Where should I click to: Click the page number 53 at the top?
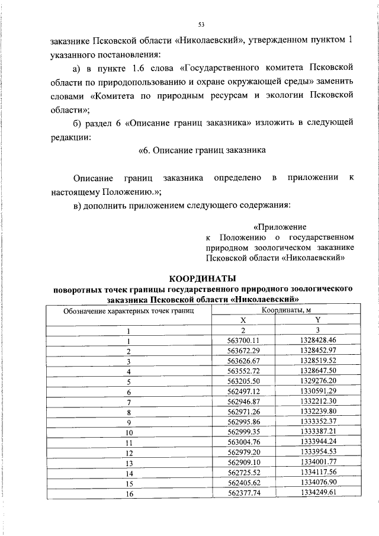tap(201, 24)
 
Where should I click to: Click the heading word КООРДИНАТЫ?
tap(203, 278)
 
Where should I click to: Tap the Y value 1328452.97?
tap(318, 350)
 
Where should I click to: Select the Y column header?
tap(318, 320)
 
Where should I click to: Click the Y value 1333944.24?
tap(318, 442)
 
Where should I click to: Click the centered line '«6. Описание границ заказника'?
tap(201, 150)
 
